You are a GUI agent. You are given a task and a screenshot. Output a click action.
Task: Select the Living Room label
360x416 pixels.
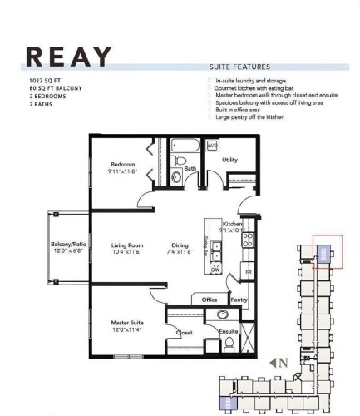pyautogui.click(x=128, y=247)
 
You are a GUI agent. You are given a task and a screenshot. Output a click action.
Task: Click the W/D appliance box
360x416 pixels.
pyautogui.click(x=211, y=146)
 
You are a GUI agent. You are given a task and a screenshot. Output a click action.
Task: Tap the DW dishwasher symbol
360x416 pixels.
pyautogui.click(x=215, y=270)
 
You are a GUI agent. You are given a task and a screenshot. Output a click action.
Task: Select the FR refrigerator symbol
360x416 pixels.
pyautogui.click(x=247, y=271)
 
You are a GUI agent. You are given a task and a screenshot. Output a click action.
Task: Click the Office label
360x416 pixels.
pyautogui.click(x=210, y=300)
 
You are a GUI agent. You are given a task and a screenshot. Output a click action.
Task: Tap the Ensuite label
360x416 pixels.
pyautogui.click(x=229, y=332)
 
